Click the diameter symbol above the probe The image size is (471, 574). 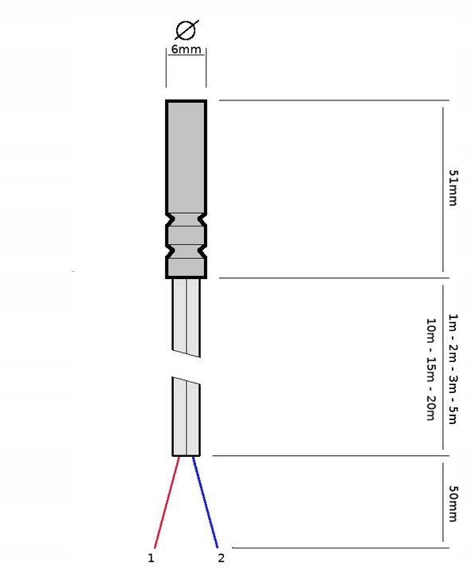pos(186,30)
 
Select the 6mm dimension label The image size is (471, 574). pos(186,49)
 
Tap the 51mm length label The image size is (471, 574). pos(453,188)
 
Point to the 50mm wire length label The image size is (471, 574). pos(453,503)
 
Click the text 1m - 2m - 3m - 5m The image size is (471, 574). pos(453,368)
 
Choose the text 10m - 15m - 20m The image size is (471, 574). pos(431,369)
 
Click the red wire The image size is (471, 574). pos(167,502)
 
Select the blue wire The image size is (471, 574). pos(205,502)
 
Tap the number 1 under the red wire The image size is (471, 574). pos(151,558)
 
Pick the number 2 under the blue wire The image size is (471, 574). pos(221,558)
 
